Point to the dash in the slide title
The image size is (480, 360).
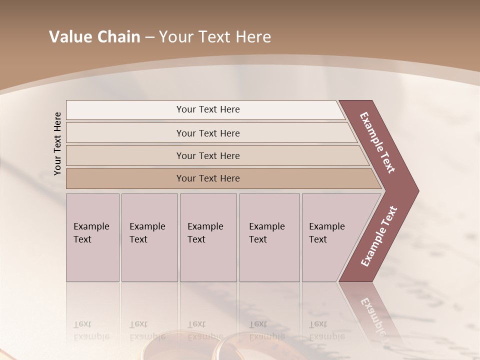[x=149, y=37]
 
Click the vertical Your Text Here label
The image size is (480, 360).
[x=57, y=143]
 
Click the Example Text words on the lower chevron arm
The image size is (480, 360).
[x=378, y=236]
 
